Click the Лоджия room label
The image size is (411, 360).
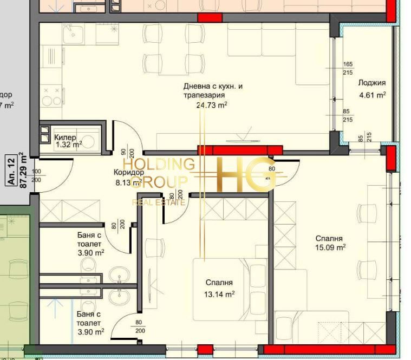(371, 83)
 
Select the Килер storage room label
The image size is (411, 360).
(65, 138)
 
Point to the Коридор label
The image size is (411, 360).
(128, 173)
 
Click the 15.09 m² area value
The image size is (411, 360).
(330, 248)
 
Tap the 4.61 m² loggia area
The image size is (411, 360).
(371, 95)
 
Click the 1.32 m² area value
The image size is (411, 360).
(67, 145)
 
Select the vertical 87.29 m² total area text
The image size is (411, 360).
(23, 170)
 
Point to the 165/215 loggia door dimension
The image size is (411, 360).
(348, 68)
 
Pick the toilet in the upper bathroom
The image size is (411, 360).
(87, 265)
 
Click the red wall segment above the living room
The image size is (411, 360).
(210, 18)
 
